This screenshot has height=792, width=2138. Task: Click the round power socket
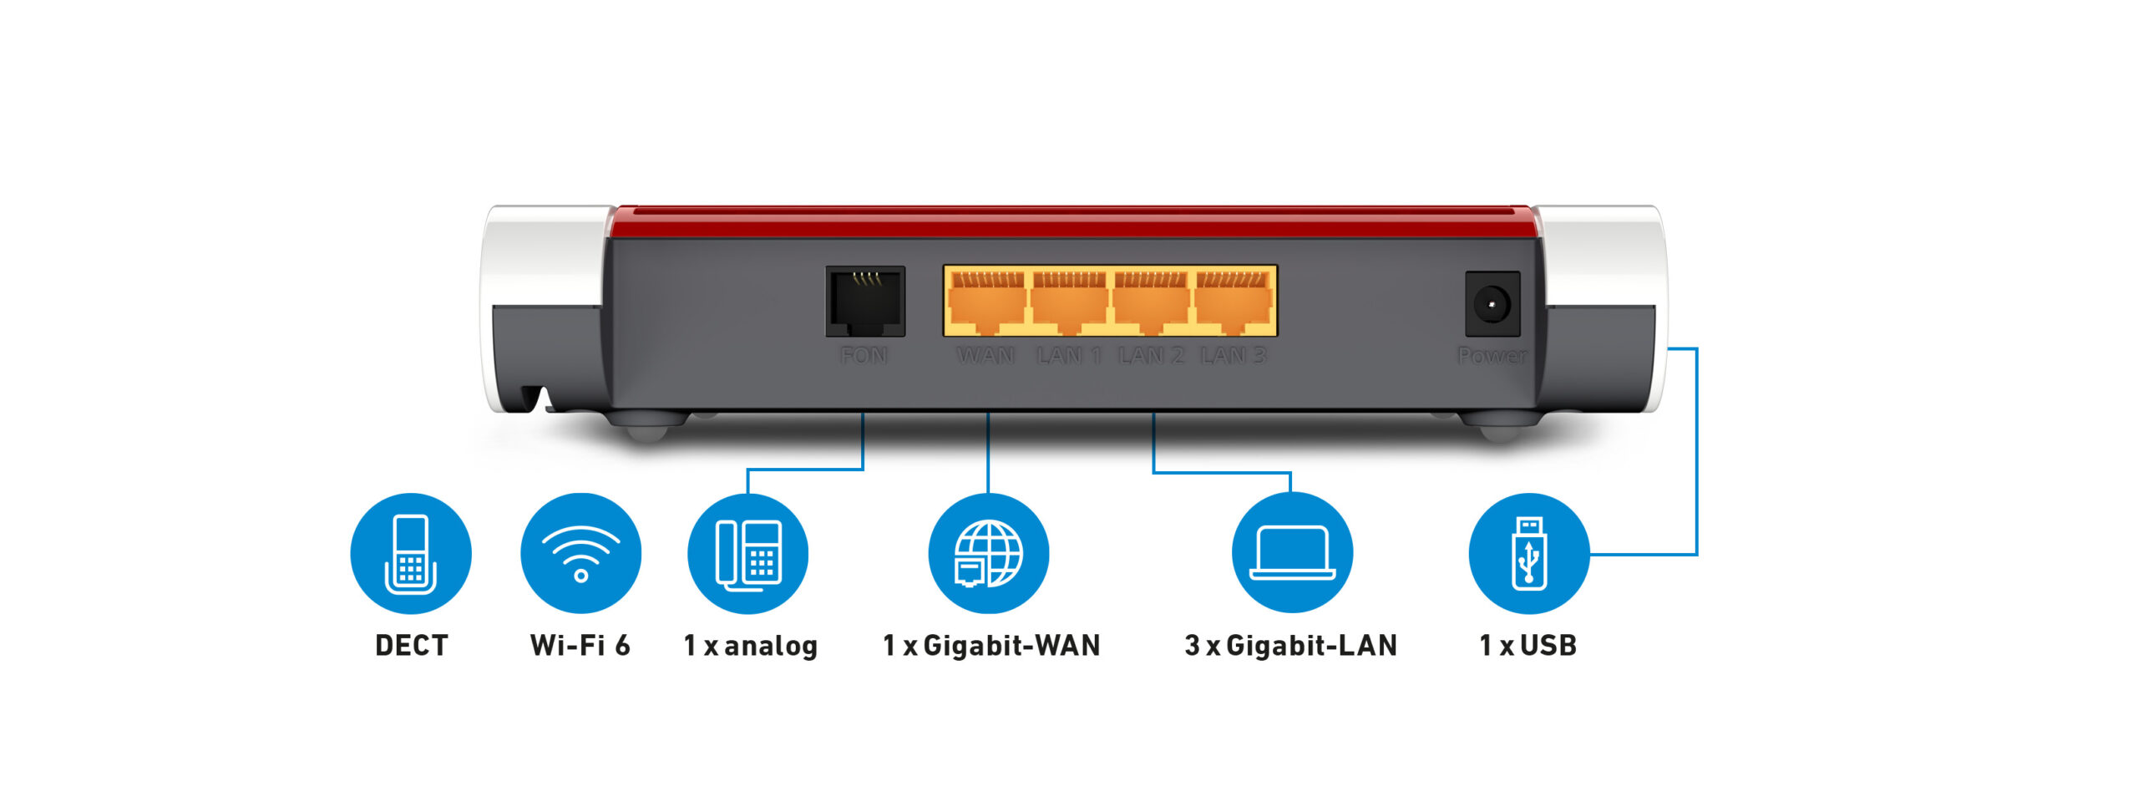(x=1492, y=303)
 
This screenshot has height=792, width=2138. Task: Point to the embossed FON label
(x=864, y=356)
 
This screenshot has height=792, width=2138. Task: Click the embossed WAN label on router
(x=985, y=356)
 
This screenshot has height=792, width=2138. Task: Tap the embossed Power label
(x=1492, y=356)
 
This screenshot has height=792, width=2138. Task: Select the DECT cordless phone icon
(x=411, y=553)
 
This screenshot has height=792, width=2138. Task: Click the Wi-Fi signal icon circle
(x=580, y=553)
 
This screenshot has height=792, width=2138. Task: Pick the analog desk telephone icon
(x=748, y=553)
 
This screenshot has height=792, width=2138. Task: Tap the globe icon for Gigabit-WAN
(x=989, y=553)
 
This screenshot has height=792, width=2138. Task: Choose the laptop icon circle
(x=1292, y=553)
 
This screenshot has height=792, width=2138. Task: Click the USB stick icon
(x=1528, y=553)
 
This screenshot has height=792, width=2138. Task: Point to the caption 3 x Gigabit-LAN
(x=1290, y=646)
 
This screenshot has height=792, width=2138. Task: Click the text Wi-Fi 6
(x=580, y=646)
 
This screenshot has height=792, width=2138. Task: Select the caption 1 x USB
(x=1528, y=646)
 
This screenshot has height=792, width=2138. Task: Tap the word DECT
(x=411, y=646)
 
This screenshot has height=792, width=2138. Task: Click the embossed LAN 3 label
(x=1233, y=356)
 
